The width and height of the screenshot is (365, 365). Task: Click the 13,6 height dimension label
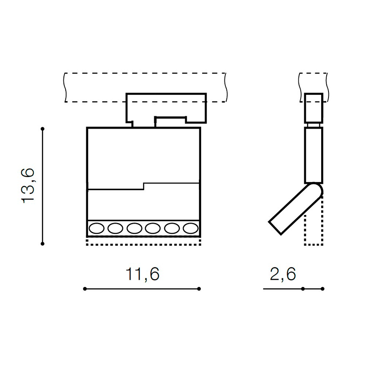click(28, 185)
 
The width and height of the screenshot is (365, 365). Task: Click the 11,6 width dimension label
click(142, 274)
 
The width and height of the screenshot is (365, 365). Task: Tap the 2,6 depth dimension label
click(283, 274)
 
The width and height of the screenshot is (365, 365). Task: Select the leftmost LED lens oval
click(97, 228)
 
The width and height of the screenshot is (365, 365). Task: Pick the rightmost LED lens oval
click(191, 228)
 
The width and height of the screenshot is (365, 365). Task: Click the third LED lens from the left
click(134, 228)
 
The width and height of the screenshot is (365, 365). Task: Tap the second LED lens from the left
click(115, 228)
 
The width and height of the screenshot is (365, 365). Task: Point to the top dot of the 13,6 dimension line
click(42, 129)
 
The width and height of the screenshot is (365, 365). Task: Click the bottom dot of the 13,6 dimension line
click(42, 244)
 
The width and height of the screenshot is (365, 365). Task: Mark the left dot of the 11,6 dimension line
click(85, 289)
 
